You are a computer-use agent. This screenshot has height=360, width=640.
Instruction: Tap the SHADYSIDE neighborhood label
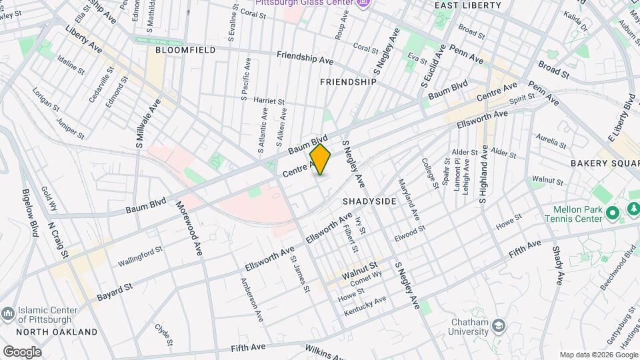tap(370, 201)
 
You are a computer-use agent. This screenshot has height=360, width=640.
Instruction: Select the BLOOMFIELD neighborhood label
tap(185, 50)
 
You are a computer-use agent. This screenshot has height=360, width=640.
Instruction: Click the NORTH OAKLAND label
tap(57, 331)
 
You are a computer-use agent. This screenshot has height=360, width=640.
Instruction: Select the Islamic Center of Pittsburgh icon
tap(8, 313)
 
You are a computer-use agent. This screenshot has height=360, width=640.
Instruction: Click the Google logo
tap(22, 352)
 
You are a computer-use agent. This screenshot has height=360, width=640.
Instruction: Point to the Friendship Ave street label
tap(305, 58)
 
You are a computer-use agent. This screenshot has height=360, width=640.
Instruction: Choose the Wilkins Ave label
tap(326, 351)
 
